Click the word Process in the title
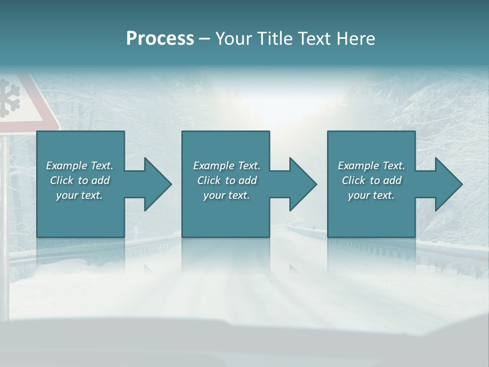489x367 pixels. (x=160, y=39)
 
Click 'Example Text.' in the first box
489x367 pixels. (x=79, y=166)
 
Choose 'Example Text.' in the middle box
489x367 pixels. (x=227, y=166)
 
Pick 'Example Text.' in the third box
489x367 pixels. (x=371, y=166)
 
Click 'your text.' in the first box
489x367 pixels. (x=79, y=195)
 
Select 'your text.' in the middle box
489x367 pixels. (x=227, y=195)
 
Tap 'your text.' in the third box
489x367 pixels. (x=371, y=195)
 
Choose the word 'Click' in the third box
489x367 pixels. (x=354, y=180)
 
